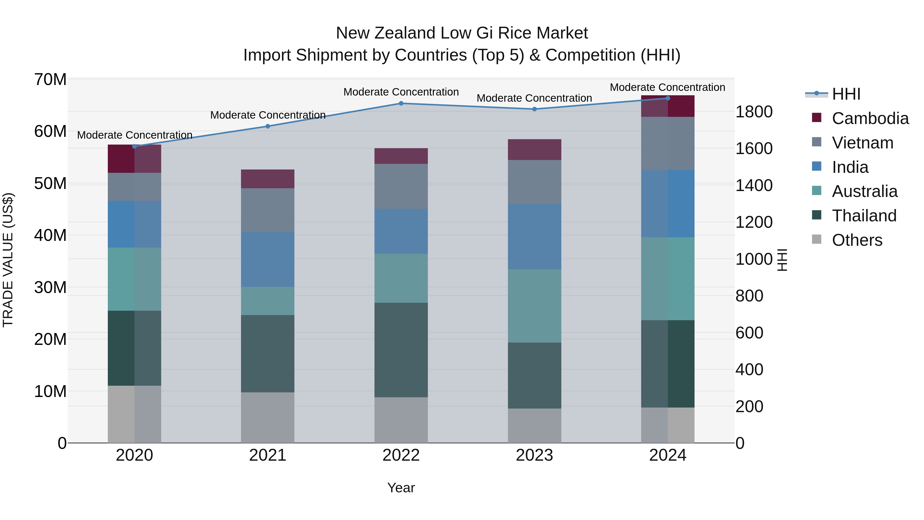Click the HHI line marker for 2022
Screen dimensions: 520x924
(x=401, y=103)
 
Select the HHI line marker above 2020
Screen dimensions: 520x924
(x=134, y=146)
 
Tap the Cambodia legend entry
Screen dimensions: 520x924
(x=870, y=118)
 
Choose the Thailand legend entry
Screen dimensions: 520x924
(x=864, y=216)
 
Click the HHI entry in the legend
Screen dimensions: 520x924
(x=846, y=94)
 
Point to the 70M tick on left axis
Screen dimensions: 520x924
(x=50, y=79)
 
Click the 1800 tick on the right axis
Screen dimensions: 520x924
(x=754, y=112)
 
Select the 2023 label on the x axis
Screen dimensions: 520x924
(x=534, y=455)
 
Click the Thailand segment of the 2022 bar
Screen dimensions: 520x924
(x=401, y=350)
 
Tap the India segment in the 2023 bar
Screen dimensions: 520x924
(x=534, y=237)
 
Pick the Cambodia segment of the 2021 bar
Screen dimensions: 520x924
(x=268, y=179)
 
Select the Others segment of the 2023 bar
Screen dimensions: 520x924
(x=534, y=426)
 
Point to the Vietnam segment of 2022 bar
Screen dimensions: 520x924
(x=401, y=186)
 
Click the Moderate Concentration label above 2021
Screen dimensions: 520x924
(x=268, y=115)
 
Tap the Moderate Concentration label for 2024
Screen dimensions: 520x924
(x=667, y=88)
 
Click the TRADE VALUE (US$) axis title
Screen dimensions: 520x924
(x=8, y=260)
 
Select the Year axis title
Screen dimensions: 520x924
(x=401, y=488)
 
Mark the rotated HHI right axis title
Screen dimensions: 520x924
(x=782, y=260)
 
